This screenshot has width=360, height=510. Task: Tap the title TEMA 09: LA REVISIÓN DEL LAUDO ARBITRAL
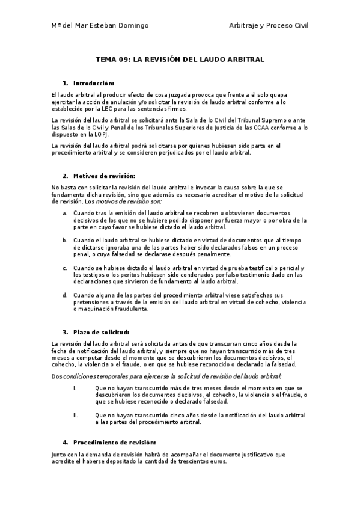pyautogui.click(x=180, y=60)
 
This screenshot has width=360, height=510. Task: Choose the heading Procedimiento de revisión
pyautogui.click(x=106, y=443)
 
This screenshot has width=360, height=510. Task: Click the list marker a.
pyautogui.click(x=65, y=214)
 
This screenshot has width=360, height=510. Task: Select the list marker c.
pyautogui.click(x=65, y=268)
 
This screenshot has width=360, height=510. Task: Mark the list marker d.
pyautogui.click(x=65, y=295)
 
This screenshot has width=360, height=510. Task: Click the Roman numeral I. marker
pyautogui.click(x=75, y=388)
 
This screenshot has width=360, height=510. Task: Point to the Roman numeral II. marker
pyautogui.click(x=76, y=415)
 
